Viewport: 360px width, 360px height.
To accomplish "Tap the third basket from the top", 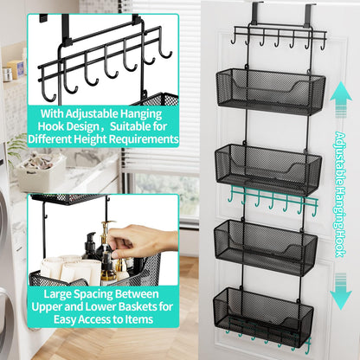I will (x=270, y=246).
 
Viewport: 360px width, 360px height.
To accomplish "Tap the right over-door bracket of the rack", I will (x=307, y=14).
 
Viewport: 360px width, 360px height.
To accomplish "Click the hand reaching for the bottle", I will (x=138, y=238).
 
